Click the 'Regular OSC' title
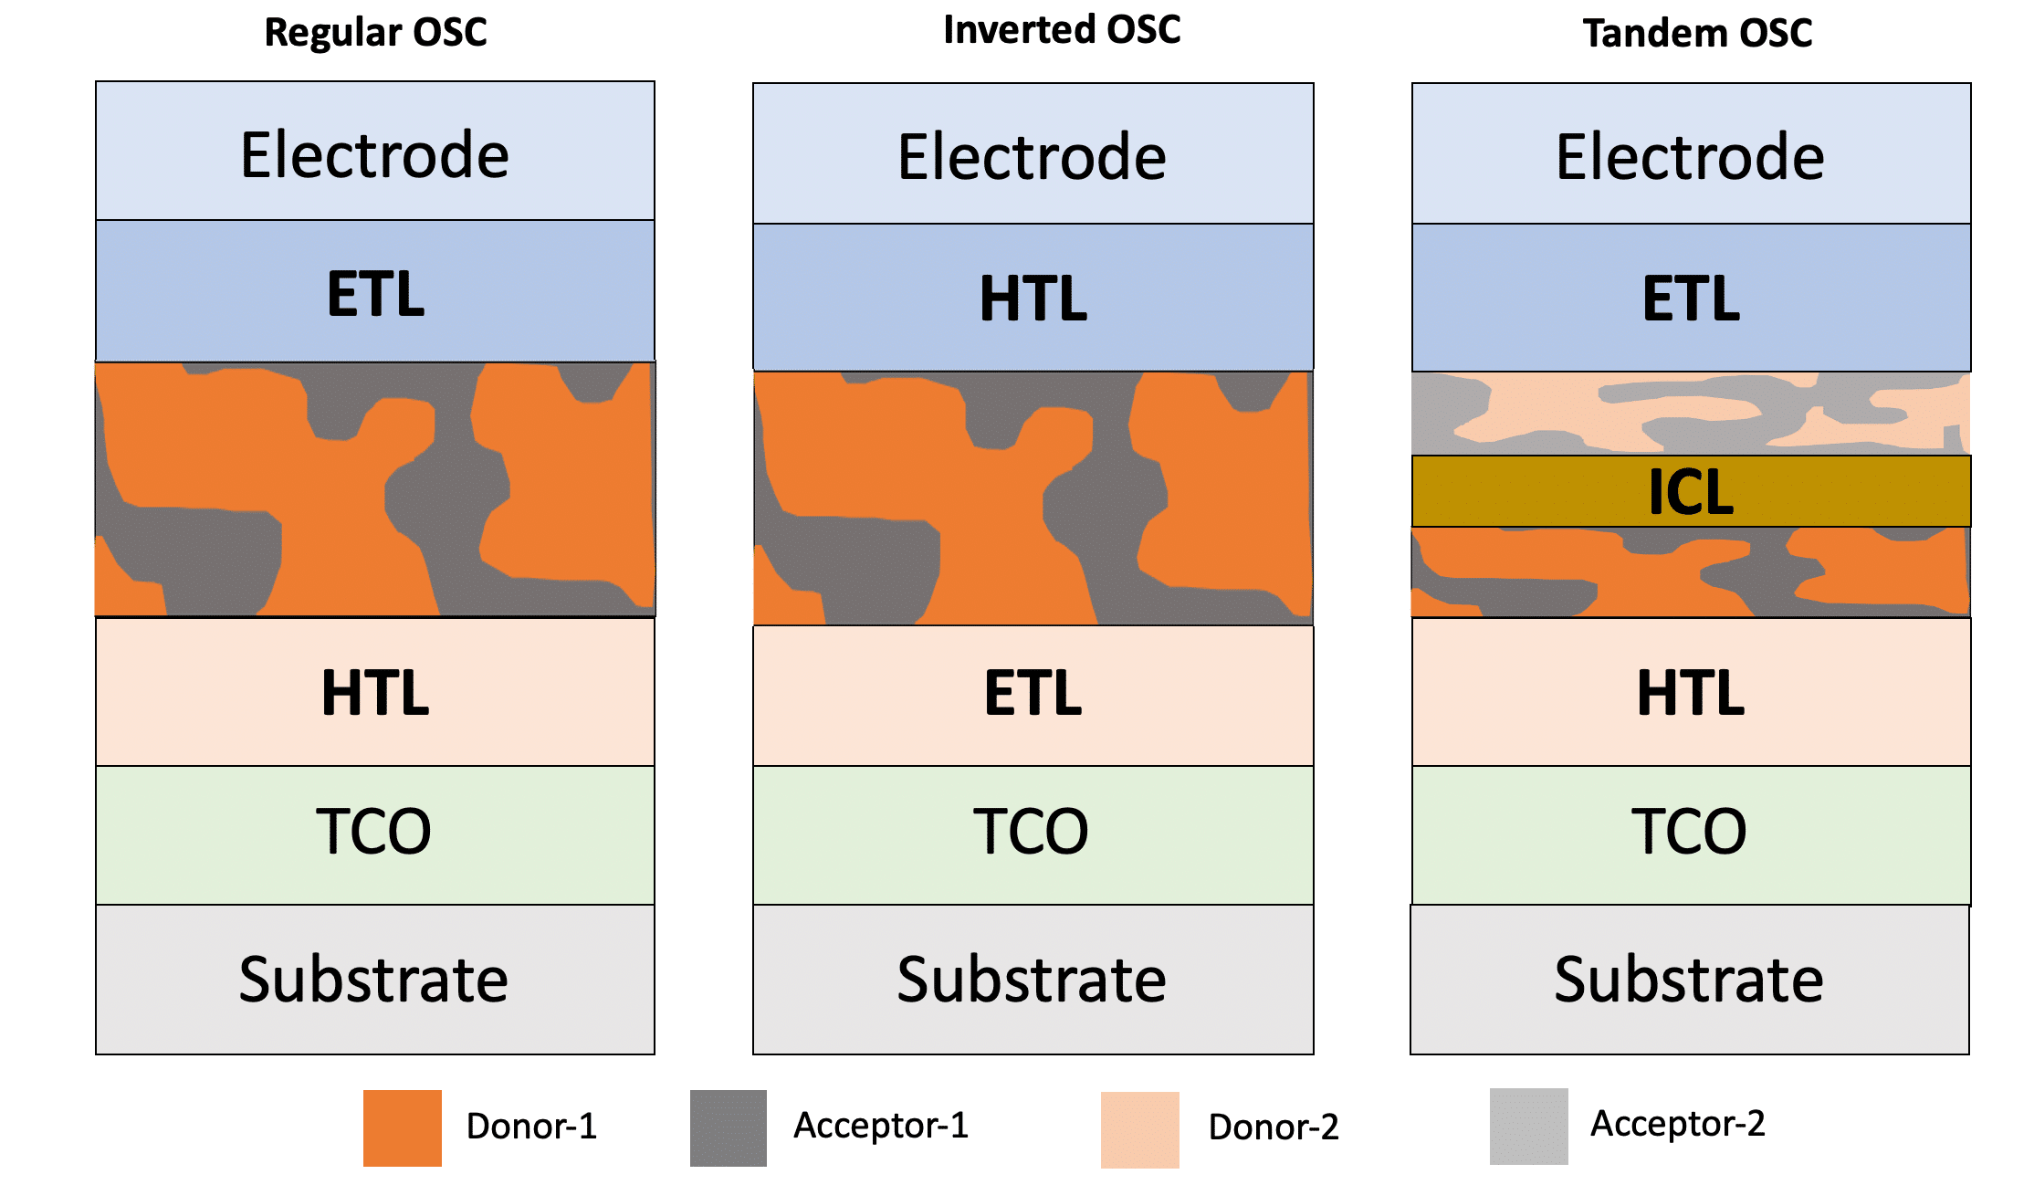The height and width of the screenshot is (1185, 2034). pos(375,33)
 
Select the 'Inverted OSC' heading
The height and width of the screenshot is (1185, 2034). pos(1062,30)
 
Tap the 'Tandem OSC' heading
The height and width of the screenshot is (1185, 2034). pos(1696,34)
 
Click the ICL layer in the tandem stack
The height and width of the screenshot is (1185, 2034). pos(1691,492)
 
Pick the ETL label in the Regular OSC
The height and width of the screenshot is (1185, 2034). pos(375,294)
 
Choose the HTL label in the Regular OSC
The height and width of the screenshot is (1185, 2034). pos(375,693)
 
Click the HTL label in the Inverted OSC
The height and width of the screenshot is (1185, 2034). pos(1033,299)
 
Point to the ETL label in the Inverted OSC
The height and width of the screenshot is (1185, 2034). pos(1033,693)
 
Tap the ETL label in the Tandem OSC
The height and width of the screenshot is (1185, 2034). pos(1691,299)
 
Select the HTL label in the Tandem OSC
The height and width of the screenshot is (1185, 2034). pos(1691,693)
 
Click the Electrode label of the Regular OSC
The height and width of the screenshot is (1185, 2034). pos(374,154)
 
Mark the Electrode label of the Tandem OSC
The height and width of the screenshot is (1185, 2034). pos(1690,157)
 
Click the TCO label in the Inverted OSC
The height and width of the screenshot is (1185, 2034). pos(1031,832)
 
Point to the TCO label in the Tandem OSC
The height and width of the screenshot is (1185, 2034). pos(1689,832)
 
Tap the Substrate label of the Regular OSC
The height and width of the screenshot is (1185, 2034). pos(373,980)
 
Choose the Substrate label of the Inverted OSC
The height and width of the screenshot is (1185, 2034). pos(1032,980)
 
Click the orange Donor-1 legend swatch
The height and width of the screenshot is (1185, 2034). pos(402,1127)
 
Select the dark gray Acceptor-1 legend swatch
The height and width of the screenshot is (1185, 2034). pos(728,1127)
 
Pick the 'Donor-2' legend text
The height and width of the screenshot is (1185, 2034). pos(1273,1127)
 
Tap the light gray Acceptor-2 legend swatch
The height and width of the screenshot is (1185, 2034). pos(1528,1126)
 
